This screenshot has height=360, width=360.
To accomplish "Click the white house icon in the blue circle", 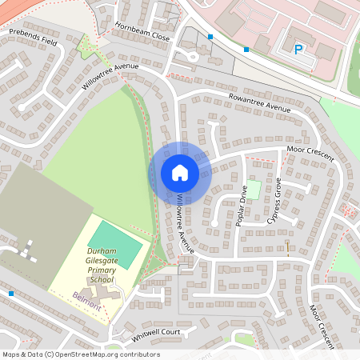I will [x=180, y=173].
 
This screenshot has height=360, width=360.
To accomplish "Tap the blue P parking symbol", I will [x=298, y=50].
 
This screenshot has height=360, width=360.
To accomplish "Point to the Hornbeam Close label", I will [x=142, y=31].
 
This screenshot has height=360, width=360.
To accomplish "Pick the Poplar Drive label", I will [x=243, y=206].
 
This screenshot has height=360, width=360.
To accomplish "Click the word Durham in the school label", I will [x=102, y=251].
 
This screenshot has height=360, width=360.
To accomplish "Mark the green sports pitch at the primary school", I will [x=115, y=237].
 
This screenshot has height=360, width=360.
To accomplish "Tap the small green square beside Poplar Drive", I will [x=253, y=190].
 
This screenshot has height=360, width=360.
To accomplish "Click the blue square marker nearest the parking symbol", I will [x=246, y=49].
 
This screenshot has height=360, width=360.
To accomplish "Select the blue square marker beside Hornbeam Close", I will [x=210, y=37].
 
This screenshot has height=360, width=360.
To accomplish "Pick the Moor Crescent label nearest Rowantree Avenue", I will [x=310, y=153].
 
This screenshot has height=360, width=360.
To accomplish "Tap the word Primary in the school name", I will [x=102, y=270].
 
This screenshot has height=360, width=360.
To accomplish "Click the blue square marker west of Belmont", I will [x=11, y=294].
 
